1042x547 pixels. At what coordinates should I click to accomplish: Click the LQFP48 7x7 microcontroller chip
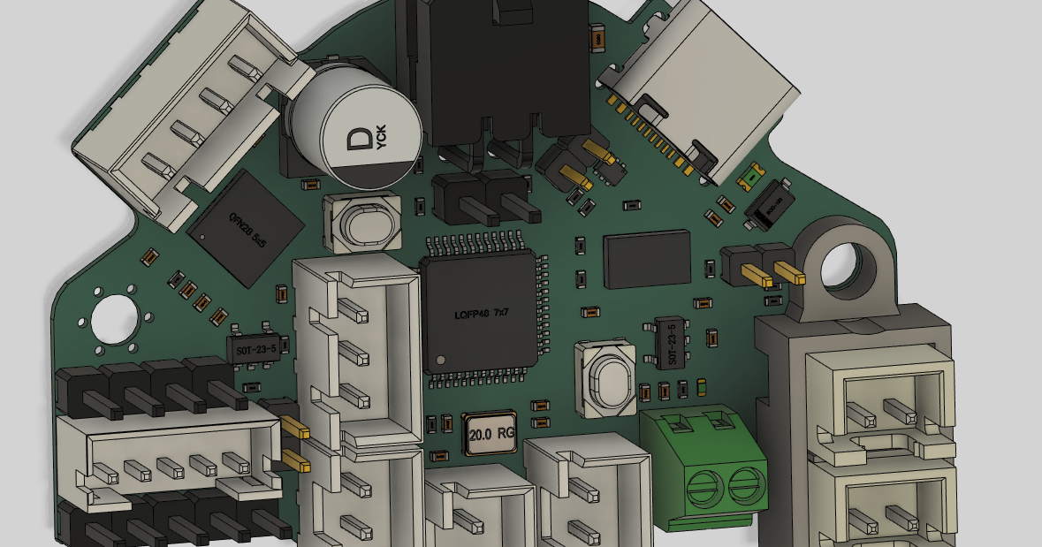coord(479,313)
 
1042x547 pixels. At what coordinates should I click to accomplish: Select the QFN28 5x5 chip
coord(247,228)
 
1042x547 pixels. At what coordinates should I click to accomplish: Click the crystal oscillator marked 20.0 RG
coord(490,433)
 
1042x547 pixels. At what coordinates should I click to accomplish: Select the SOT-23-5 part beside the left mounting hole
coord(256,347)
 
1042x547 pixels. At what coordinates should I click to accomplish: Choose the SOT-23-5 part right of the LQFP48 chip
coord(671,343)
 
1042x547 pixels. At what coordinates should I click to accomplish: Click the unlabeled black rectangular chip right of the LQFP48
coord(646,259)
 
